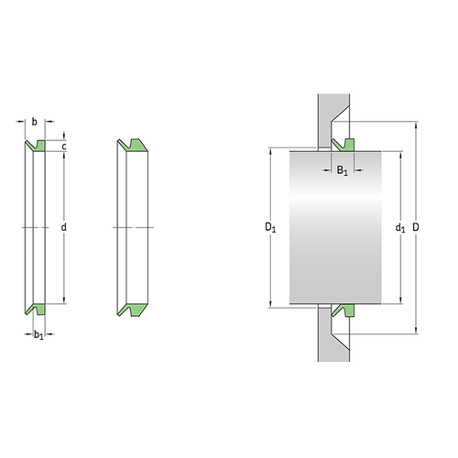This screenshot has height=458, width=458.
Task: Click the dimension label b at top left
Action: pos(34,120)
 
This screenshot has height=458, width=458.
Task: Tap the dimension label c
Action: pos(65,146)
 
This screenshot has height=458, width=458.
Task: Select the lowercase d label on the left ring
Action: pos(64,226)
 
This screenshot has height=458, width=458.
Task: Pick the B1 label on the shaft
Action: pos(341,169)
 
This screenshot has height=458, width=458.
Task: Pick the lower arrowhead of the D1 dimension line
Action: pos(272,304)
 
